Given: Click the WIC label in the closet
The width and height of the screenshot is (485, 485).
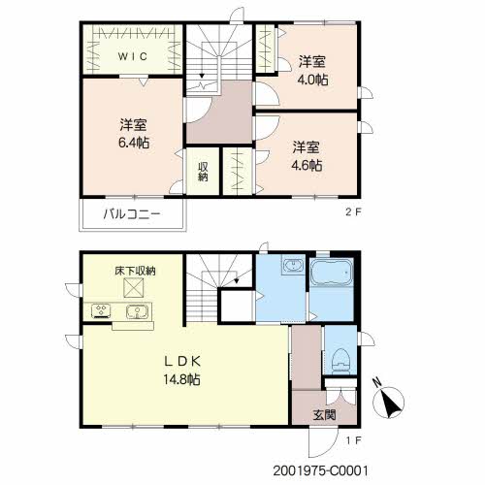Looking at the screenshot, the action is (x=133, y=56).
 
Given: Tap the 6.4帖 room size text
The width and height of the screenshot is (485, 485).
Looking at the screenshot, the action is (x=134, y=143).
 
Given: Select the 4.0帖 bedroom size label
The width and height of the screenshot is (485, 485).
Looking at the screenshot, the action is (x=312, y=80).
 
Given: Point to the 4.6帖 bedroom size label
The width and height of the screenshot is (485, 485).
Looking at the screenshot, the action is (x=307, y=166).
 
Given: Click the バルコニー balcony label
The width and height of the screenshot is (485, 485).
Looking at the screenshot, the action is (x=132, y=214).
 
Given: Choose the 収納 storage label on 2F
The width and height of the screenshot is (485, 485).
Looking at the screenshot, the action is (x=203, y=172).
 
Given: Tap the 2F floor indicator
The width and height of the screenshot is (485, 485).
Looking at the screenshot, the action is (x=353, y=212).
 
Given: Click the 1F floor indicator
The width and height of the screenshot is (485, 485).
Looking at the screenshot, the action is (x=353, y=440).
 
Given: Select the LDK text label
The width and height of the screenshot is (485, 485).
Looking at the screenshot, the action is (x=182, y=361).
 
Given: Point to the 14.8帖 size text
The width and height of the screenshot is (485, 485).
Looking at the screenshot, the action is (x=181, y=379).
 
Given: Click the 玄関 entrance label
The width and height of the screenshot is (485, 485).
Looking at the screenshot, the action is (x=324, y=415).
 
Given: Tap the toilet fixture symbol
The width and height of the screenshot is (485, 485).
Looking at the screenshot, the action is (x=340, y=362).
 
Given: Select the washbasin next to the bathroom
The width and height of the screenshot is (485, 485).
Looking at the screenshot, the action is (x=293, y=266).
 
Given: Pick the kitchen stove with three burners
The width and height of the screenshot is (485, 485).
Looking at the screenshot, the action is (x=101, y=311).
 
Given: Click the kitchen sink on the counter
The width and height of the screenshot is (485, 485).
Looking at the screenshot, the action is (x=137, y=311).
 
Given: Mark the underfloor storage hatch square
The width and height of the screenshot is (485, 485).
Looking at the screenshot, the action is (x=134, y=288).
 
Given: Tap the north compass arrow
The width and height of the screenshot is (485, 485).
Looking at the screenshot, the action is (x=390, y=403).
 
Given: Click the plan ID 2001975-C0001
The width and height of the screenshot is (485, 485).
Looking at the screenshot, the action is (x=320, y=470).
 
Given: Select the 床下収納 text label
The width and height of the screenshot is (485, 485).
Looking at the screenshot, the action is (x=135, y=271).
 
